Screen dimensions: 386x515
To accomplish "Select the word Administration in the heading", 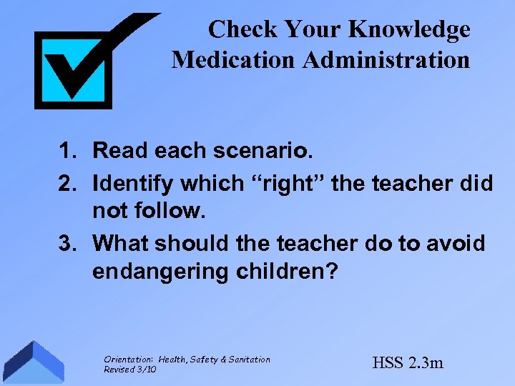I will [386, 59].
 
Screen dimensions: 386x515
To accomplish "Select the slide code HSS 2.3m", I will [408, 362].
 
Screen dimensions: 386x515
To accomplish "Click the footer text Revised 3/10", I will [130, 369].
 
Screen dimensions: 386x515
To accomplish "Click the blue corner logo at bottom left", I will [32, 362].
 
